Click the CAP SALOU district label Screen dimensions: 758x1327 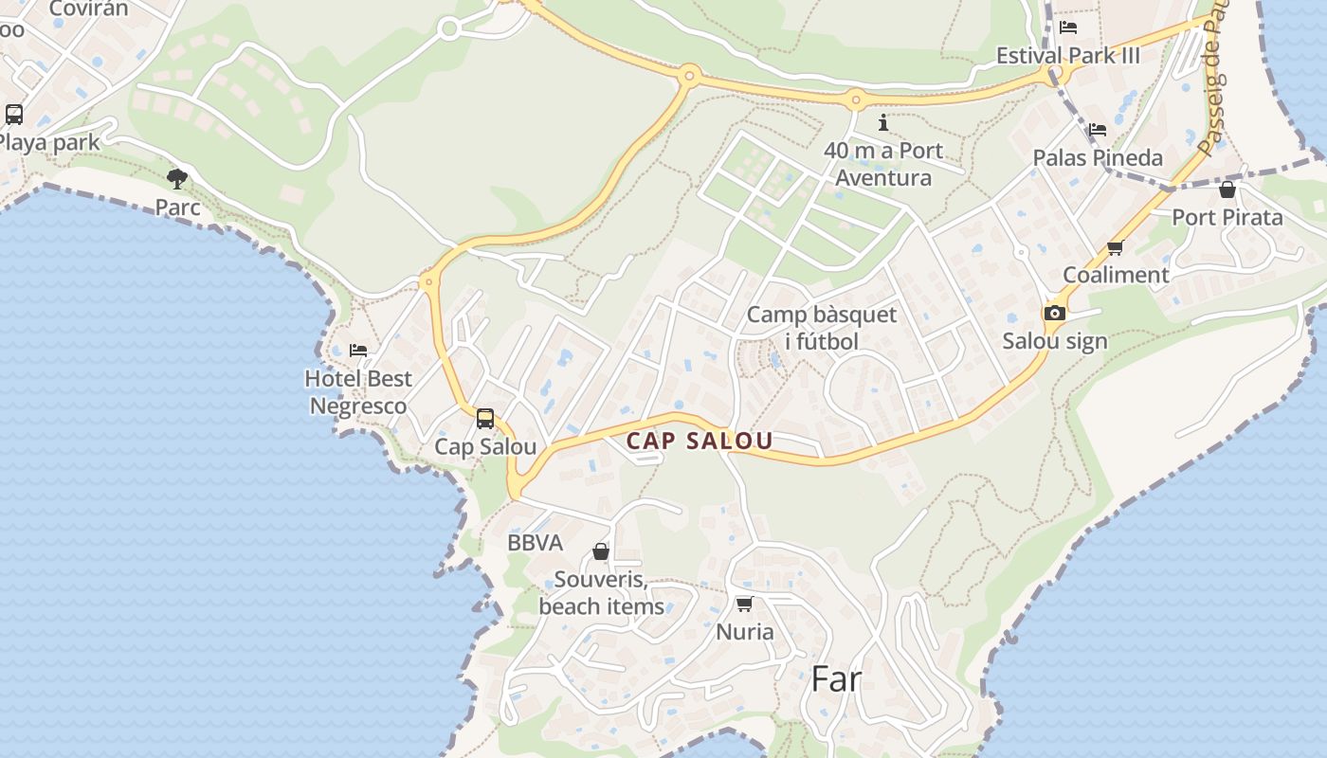pyautogui.click(x=700, y=441)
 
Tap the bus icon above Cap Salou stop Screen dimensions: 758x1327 pyautogui.click(x=485, y=418)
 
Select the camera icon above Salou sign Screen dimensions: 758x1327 pyautogui.click(x=1054, y=314)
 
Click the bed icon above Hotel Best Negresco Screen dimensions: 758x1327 pyautogui.click(x=358, y=351)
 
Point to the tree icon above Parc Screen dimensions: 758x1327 pyautogui.click(x=176, y=178)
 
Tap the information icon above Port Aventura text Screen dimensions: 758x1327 pyautogui.click(x=883, y=122)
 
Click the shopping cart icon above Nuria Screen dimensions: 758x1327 pyautogui.click(x=744, y=604)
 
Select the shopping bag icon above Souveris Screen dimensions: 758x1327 pyautogui.click(x=600, y=551)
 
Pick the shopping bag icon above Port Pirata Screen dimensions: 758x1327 pyautogui.click(x=1227, y=189)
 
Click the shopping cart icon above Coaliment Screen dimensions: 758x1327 pyautogui.click(x=1115, y=248)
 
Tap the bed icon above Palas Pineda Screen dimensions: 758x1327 pyautogui.click(x=1098, y=130)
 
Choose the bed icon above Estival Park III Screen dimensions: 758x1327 pyautogui.click(x=1068, y=27)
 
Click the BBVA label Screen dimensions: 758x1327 pyautogui.click(x=535, y=543)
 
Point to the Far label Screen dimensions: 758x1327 pyautogui.click(x=836, y=679)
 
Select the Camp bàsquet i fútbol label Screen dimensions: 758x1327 pyautogui.click(x=821, y=328)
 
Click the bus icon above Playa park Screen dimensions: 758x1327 pyautogui.click(x=14, y=115)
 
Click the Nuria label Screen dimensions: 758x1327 pyautogui.click(x=745, y=632)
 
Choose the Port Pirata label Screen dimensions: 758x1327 pyautogui.click(x=1227, y=217)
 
